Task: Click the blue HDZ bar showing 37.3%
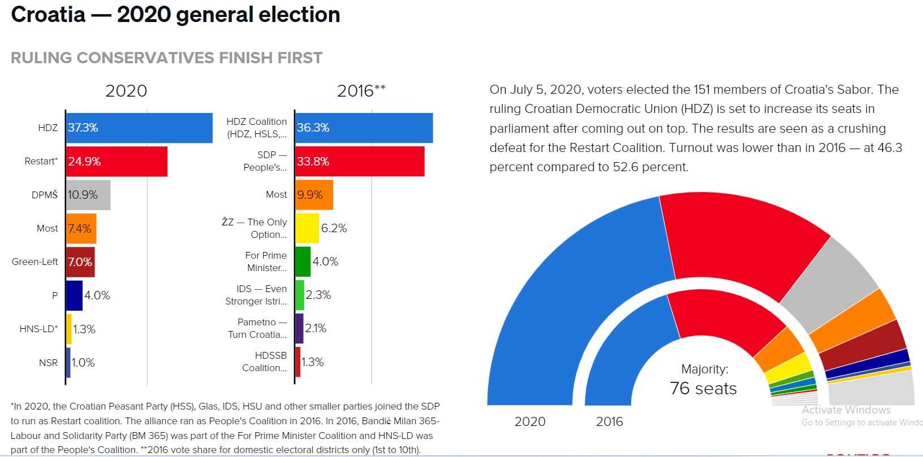(x=139, y=128)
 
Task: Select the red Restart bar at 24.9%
(x=117, y=162)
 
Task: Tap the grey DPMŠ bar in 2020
(x=88, y=195)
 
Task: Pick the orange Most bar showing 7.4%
(x=81, y=228)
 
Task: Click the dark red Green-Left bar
(x=80, y=262)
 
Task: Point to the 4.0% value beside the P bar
(x=97, y=295)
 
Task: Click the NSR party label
(x=48, y=363)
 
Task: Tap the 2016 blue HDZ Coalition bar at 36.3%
(x=364, y=128)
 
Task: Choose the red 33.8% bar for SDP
(x=360, y=162)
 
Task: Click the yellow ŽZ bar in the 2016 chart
(x=307, y=228)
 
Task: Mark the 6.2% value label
(x=334, y=228)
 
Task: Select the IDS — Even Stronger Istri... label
(x=256, y=295)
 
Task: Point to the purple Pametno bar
(x=300, y=329)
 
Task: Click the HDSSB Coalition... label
(x=265, y=362)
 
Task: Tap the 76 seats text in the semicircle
(x=703, y=389)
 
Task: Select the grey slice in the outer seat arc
(x=829, y=282)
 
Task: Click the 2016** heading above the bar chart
(x=361, y=91)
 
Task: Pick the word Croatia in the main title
(x=48, y=15)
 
